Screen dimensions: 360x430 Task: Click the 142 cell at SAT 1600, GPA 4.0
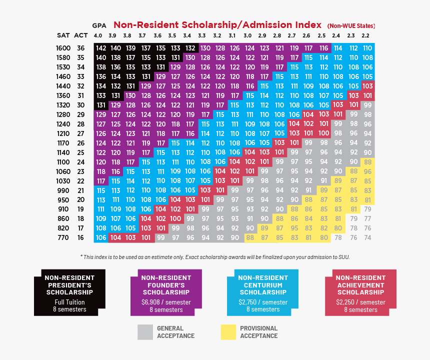(x=101, y=48)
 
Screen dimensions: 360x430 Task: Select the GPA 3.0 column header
(x=247, y=35)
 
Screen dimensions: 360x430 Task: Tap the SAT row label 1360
(x=63, y=95)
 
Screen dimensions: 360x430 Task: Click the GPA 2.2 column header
(x=365, y=35)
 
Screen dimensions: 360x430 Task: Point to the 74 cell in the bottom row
(x=367, y=238)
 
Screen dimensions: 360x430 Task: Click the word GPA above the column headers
(x=99, y=25)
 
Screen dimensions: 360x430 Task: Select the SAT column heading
(x=63, y=35)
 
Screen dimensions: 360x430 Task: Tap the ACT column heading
(x=80, y=35)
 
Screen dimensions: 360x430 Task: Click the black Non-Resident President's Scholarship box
(x=70, y=292)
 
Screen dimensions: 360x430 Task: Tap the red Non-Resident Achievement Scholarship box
(x=360, y=292)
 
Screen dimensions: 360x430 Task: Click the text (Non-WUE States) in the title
(x=351, y=25)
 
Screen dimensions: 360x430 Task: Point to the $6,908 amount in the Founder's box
(x=151, y=302)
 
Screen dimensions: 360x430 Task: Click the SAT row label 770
(x=63, y=238)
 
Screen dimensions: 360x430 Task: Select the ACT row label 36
(x=80, y=48)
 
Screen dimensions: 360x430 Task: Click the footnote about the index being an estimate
(x=215, y=256)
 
